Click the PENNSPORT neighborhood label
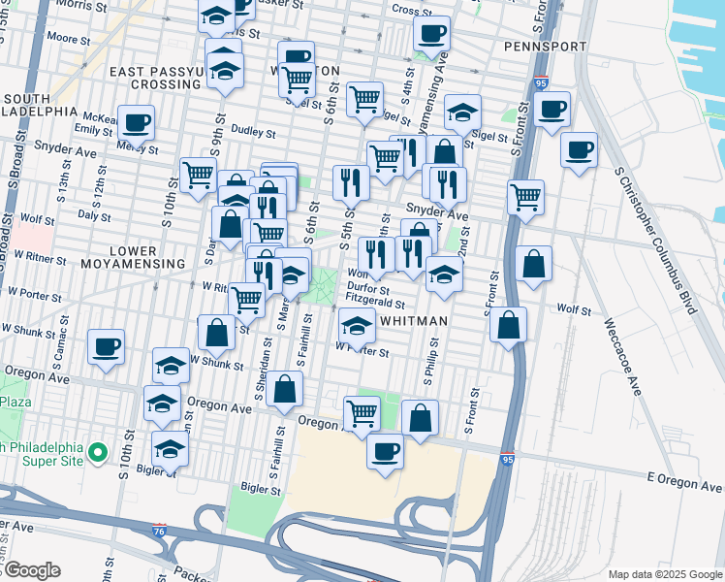click(545, 47)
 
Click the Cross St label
click(412, 10)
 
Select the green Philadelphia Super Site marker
click(97, 452)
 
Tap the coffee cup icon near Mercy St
click(137, 123)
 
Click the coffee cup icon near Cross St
click(431, 34)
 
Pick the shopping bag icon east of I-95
click(534, 263)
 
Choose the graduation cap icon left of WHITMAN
click(357, 327)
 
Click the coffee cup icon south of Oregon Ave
click(385, 451)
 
